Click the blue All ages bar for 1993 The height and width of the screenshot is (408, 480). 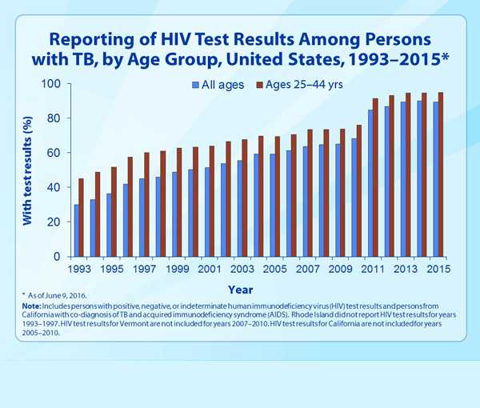coord(77,230)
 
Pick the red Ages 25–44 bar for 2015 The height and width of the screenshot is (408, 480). coord(441,174)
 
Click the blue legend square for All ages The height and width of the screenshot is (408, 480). coord(194,85)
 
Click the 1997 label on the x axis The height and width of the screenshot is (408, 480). coord(143,270)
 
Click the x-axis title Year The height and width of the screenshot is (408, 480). coord(241,290)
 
